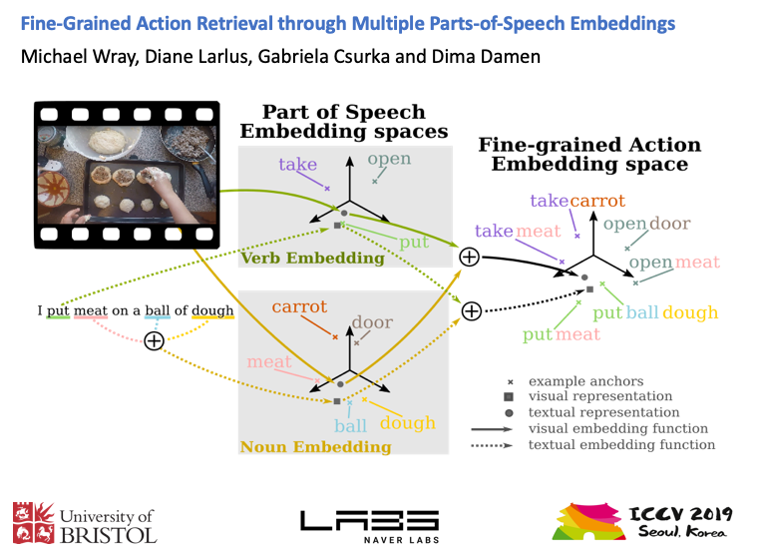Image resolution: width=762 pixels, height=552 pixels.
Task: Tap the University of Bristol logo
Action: click(x=85, y=523)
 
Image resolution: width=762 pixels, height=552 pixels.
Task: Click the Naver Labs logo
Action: click(x=369, y=523)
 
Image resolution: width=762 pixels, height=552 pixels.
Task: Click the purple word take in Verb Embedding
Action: click(x=297, y=166)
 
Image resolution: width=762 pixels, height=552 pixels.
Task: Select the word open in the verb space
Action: click(x=388, y=160)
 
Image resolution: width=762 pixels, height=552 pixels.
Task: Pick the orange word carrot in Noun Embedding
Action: click(x=299, y=307)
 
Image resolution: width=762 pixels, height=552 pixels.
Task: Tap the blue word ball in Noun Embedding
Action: click(x=350, y=425)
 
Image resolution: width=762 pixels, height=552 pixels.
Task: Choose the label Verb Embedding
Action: click(x=312, y=259)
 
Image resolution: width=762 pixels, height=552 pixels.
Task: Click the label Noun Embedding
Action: click(x=316, y=447)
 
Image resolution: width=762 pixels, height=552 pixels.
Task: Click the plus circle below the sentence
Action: click(x=154, y=341)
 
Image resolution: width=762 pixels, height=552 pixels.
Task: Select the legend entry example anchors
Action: click(x=585, y=381)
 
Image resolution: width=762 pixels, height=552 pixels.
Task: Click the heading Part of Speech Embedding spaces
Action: click(x=343, y=122)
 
